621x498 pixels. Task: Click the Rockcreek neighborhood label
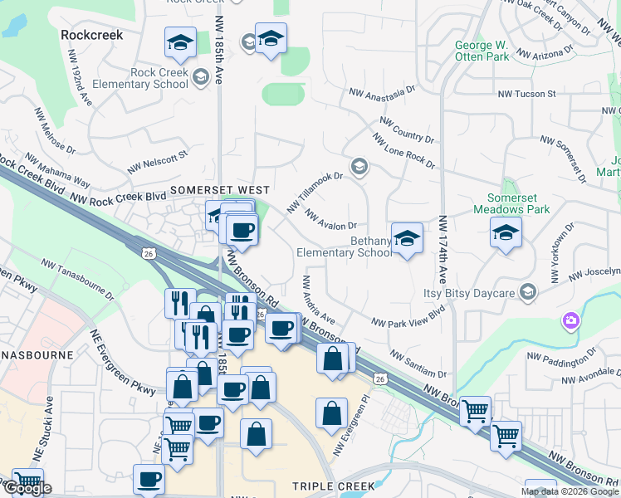pos(92,36)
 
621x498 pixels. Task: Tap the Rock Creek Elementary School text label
pos(159,79)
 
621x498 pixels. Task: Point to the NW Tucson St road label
pos(526,94)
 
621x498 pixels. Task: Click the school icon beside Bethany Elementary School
pos(407,238)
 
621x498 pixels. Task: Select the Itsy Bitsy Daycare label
pos(471,292)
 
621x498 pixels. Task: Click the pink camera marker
pos(570,320)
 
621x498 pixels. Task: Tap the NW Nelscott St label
pos(159,159)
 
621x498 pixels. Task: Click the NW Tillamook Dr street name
pos(315,191)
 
